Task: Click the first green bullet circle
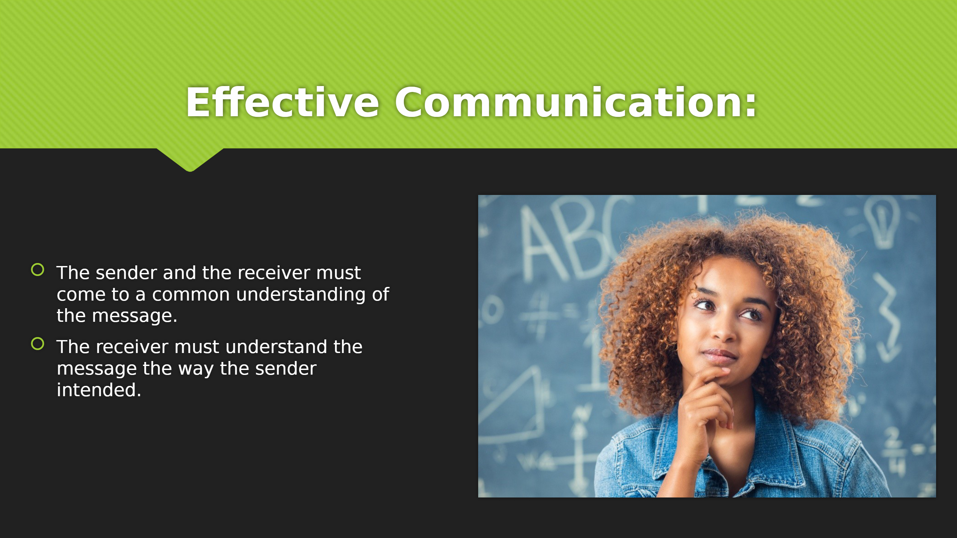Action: (38, 270)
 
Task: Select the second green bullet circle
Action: (38, 344)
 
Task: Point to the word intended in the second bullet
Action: (99, 390)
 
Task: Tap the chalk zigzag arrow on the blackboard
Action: (888, 317)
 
